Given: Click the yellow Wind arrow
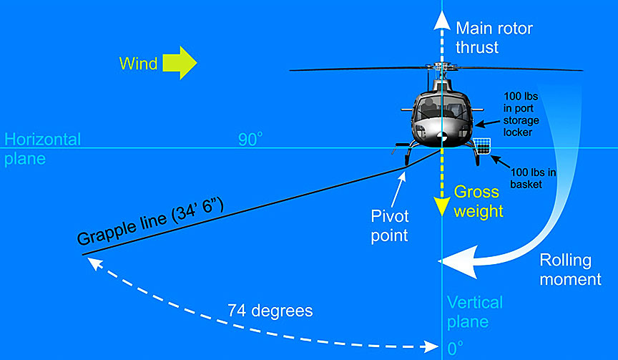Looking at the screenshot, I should point(179,63).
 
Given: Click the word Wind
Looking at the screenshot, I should point(138,64).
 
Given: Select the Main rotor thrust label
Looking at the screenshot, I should point(494,38).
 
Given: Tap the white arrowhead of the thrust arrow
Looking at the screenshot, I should point(442,21).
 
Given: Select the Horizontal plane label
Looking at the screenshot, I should point(42,149).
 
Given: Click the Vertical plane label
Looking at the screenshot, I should point(474,312).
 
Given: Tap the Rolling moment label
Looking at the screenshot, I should point(570,269).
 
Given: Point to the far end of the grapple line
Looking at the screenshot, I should point(83,255).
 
